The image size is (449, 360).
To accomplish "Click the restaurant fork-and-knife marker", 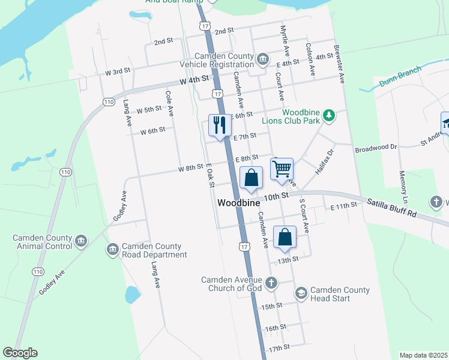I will point(218,125).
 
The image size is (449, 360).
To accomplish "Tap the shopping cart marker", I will point(282,169).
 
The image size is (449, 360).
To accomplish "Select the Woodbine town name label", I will point(238,203).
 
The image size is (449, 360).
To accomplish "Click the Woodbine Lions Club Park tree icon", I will point(328,114).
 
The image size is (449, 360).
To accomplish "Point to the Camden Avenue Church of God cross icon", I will point(271,282).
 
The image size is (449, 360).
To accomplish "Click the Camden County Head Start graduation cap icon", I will point(301,293).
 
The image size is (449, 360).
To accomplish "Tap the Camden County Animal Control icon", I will point(81,241).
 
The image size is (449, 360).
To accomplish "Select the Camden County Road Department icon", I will point(112,250).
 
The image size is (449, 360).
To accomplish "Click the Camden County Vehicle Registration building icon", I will point(262,59).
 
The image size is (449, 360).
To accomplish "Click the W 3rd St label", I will point(118,72).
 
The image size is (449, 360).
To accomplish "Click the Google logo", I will point(20,353).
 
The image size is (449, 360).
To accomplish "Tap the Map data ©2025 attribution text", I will point(423,355).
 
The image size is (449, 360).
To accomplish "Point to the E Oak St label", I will point(209,176).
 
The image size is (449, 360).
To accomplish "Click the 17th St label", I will point(279,347).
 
